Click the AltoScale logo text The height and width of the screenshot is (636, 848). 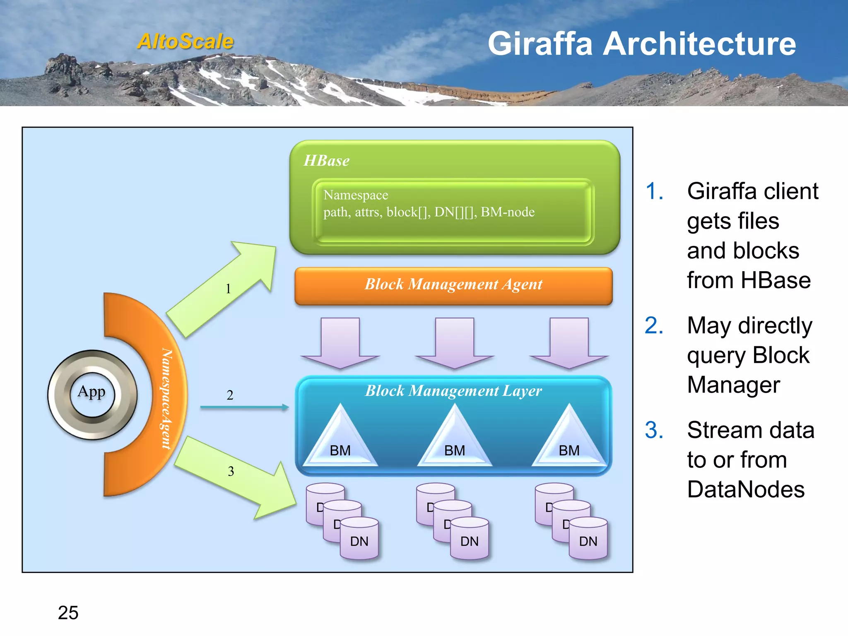click(x=185, y=41)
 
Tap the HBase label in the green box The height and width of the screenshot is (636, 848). click(x=326, y=161)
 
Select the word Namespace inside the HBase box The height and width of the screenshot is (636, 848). click(x=356, y=195)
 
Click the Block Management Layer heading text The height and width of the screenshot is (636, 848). click(x=453, y=391)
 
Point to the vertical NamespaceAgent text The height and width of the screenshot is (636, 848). click(x=166, y=398)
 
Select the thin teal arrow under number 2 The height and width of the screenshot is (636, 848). click(x=244, y=407)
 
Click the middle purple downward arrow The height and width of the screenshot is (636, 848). click(x=454, y=342)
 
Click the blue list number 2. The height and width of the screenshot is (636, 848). click(x=654, y=325)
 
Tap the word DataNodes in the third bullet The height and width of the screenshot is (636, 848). click(x=746, y=489)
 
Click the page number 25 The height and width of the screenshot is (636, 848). click(x=68, y=613)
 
